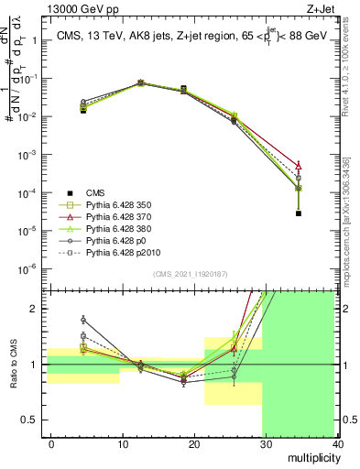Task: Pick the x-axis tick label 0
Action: [51, 443]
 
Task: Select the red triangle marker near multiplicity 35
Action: [300, 166]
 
